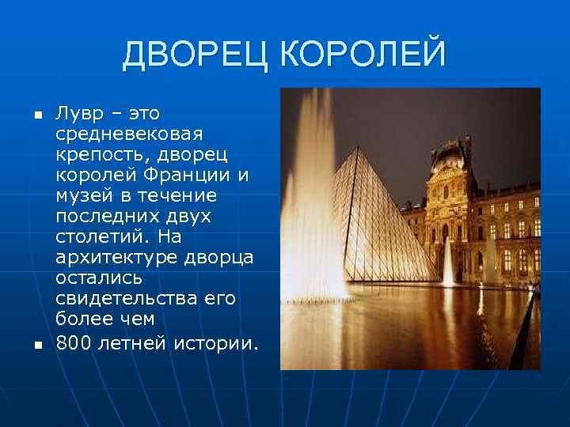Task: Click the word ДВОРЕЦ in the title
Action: pos(197,55)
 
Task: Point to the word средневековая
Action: pos(129,134)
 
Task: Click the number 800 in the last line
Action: pos(74,343)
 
